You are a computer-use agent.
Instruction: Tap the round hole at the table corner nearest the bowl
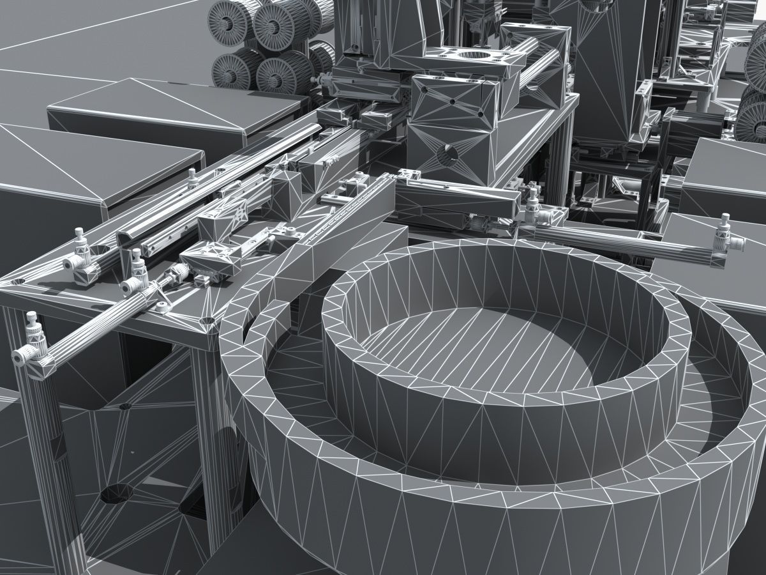(x=208, y=319)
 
